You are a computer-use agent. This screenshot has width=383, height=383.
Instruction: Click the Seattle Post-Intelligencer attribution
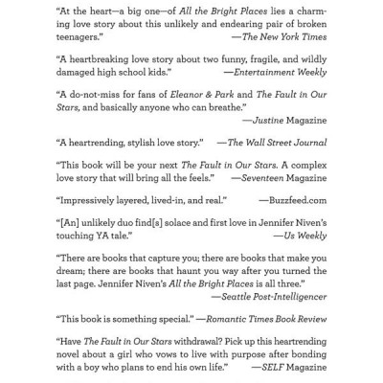(272, 298)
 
